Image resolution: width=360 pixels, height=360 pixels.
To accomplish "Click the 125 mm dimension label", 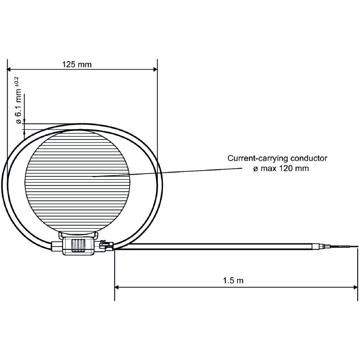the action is coord(76,64).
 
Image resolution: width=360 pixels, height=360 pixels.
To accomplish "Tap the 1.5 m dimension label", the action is coord(233,280).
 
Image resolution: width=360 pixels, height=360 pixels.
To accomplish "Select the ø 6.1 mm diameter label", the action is coord(19,106).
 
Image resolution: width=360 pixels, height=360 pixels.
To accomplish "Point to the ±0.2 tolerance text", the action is coord(17,81).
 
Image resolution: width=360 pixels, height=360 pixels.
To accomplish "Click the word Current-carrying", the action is coord(258,158).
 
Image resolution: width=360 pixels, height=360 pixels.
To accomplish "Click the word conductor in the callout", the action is coord(309,158).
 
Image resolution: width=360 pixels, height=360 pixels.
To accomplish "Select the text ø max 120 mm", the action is coord(281,168).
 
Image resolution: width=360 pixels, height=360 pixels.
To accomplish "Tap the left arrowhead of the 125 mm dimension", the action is coord(9,69).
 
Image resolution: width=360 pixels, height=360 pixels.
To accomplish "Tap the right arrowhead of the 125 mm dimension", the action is coord(155,69).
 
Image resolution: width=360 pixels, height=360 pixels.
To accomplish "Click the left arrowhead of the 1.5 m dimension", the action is coord(117,287).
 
